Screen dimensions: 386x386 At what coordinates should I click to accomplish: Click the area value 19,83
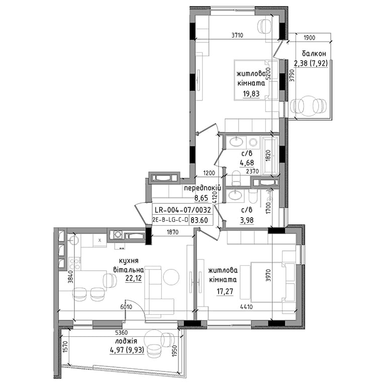click(251, 94)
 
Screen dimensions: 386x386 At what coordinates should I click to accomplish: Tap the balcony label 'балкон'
click(314, 53)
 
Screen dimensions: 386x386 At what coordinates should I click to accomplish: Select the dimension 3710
click(237, 35)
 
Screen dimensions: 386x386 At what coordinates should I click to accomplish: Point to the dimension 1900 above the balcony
click(310, 38)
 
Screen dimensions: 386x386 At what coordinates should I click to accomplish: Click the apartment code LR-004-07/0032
click(182, 210)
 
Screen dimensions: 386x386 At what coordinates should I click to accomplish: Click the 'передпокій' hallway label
click(203, 188)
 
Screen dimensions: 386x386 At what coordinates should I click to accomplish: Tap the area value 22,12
click(133, 278)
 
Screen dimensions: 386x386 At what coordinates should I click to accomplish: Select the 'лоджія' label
click(126, 341)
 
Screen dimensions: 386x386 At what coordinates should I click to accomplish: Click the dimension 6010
click(126, 307)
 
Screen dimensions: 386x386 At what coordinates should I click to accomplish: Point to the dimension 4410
click(246, 307)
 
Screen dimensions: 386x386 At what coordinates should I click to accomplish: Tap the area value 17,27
click(225, 292)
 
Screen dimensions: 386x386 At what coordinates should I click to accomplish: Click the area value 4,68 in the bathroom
click(247, 163)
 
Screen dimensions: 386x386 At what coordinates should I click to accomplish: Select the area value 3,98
click(247, 220)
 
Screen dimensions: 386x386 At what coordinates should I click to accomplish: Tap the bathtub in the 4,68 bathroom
click(270, 156)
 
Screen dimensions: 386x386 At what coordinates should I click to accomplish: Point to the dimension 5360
click(122, 333)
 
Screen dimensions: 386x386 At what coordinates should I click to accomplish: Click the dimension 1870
click(172, 232)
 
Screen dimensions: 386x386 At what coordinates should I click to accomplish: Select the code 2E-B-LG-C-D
click(170, 220)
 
